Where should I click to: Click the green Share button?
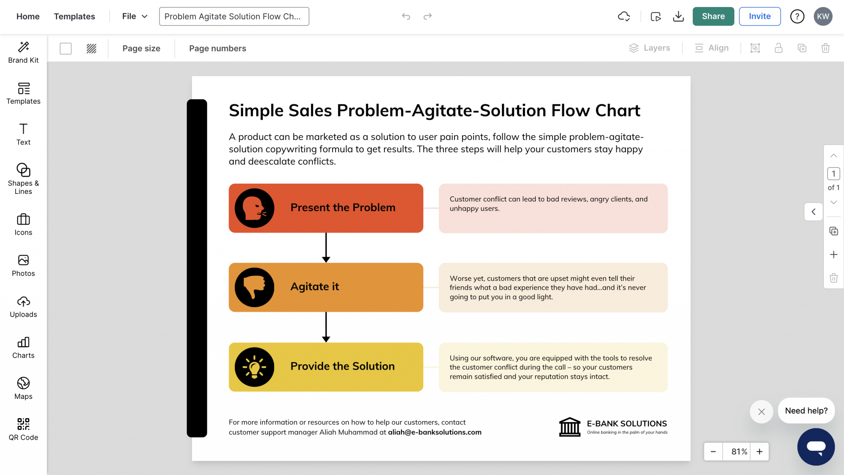coord(713,16)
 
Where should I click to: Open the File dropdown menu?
coord(134,16)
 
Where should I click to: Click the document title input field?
coord(234,16)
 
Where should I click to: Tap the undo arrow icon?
coord(406,16)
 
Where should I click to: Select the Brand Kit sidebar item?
coord(23,52)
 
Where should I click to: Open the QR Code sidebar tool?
coord(23,429)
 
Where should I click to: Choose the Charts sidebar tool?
coord(23,347)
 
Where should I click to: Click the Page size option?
coord(141,49)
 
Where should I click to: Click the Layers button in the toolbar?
coord(649,48)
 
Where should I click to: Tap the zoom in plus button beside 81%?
coord(760,452)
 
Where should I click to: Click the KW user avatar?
coord(823,16)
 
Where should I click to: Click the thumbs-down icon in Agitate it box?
coord(254,287)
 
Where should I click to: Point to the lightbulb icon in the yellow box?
coord(254,367)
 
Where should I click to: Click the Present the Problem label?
coord(343,207)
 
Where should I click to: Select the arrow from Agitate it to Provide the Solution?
coord(326,327)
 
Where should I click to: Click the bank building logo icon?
coord(570,427)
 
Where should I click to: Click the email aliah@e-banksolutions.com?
coord(434,432)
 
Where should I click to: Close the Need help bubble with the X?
coord(761,412)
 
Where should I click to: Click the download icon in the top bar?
coord(678,16)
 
